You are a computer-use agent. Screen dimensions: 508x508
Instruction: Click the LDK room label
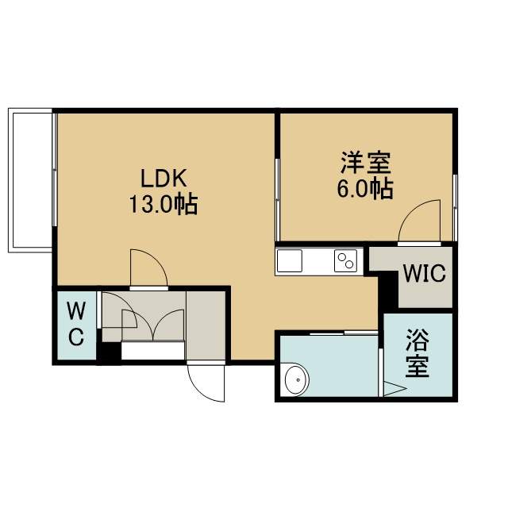click(164, 179)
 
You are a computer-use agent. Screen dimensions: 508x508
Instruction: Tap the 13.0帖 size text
click(164, 204)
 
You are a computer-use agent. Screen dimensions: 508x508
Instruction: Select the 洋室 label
click(365, 163)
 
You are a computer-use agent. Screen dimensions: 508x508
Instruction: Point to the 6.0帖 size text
click(365, 189)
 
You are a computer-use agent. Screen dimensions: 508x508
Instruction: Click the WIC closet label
click(425, 273)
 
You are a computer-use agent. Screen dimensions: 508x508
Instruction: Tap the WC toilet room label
click(76, 323)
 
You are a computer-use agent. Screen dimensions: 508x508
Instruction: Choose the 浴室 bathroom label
click(418, 353)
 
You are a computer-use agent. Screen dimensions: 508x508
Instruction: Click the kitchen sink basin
click(289, 261)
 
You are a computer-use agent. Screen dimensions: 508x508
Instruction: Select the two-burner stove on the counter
click(346, 261)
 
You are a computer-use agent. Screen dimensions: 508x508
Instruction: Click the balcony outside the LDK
click(30, 180)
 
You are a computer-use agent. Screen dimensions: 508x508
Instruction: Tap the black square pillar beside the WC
click(110, 352)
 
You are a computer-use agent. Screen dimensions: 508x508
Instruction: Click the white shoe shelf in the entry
click(153, 350)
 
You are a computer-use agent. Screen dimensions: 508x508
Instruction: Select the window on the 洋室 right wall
click(455, 208)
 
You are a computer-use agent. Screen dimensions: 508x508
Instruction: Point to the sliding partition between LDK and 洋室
click(277, 200)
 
